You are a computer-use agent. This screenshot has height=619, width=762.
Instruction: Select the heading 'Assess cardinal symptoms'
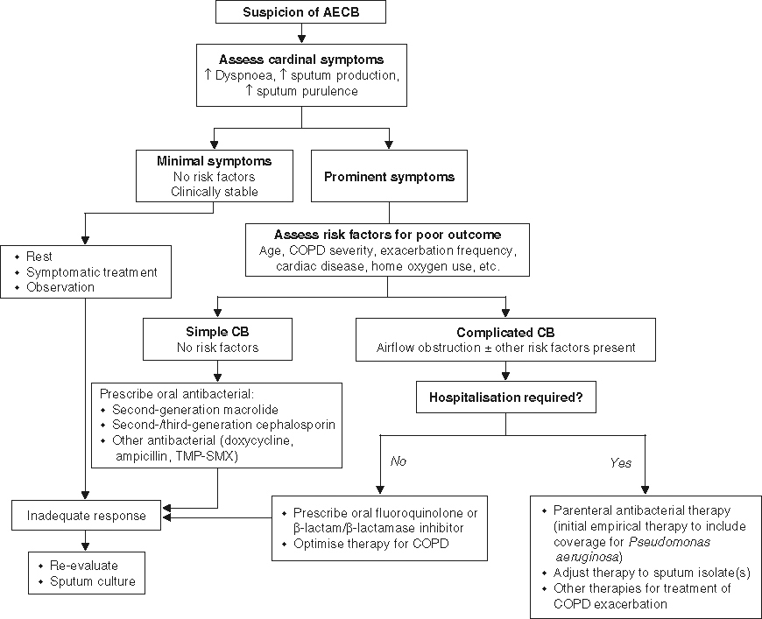(302, 59)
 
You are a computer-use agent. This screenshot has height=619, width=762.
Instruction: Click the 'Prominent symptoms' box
(389, 177)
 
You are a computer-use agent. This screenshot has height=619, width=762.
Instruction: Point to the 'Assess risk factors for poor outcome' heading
(387, 235)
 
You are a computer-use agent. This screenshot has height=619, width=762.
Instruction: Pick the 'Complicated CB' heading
(505, 333)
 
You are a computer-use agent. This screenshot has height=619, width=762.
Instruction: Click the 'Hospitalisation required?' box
(505, 397)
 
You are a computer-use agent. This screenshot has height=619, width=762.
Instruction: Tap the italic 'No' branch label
(399, 461)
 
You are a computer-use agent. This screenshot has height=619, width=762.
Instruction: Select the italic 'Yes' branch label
(620, 462)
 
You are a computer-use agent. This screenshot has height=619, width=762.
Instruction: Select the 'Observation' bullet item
(60, 286)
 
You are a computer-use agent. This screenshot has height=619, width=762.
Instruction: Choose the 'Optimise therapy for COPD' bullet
(372, 543)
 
